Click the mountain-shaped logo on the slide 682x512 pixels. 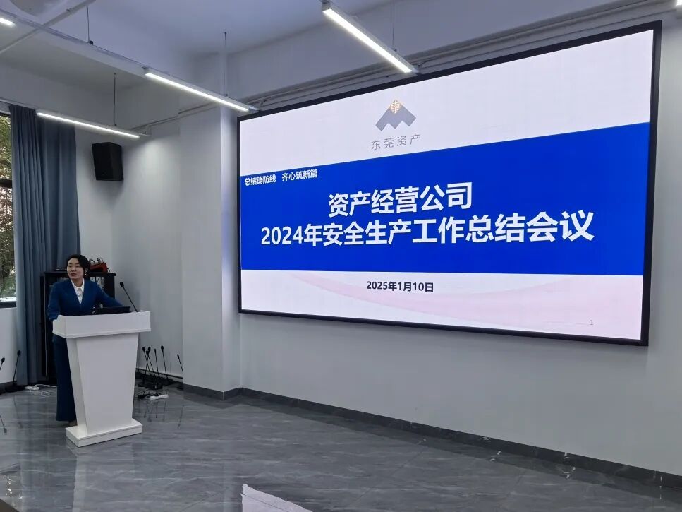[x=395, y=115]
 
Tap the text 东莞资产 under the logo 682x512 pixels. [x=395, y=144]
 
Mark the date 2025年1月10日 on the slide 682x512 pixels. [x=399, y=287]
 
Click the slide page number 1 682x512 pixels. [x=592, y=323]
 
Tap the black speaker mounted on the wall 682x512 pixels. [x=107, y=161]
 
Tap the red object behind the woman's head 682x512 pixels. [x=98, y=266]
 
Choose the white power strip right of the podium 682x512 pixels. [x=157, y=396]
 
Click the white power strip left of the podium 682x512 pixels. [x=32, y=387]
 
